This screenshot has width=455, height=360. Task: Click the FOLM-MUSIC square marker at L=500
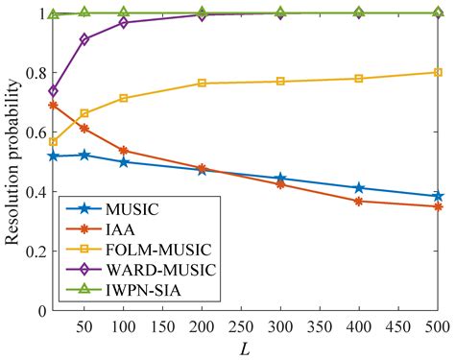438,72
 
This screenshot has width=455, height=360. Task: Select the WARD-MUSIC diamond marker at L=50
84,39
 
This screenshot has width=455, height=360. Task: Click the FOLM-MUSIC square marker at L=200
202,84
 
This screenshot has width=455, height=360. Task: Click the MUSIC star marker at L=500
438,196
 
